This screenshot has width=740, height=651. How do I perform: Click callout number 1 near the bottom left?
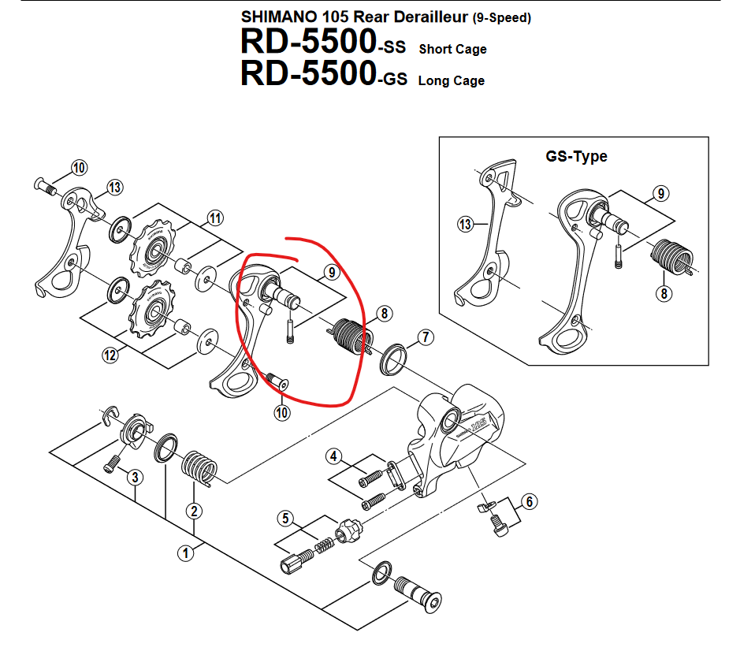click(186, 552)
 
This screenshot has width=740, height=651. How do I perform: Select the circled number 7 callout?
click(426, 339)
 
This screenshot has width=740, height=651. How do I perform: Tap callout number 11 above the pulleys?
click(215, 218)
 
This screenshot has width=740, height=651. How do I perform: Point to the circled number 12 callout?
click(110, 356)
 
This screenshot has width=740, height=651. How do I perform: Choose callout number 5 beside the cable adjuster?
click(285, 518)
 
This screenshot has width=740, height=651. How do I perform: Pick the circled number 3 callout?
click(136, 477)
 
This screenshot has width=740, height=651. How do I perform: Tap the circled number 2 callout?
click(194, 511)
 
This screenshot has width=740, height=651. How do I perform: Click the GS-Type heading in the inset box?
click(576, 156)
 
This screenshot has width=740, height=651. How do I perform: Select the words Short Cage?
click(452, 49)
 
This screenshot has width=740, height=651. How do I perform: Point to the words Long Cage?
click(451, 80)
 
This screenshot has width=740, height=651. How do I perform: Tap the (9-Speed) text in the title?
click(501, 18)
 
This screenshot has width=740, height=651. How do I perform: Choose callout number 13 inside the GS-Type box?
click(466, 225)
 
